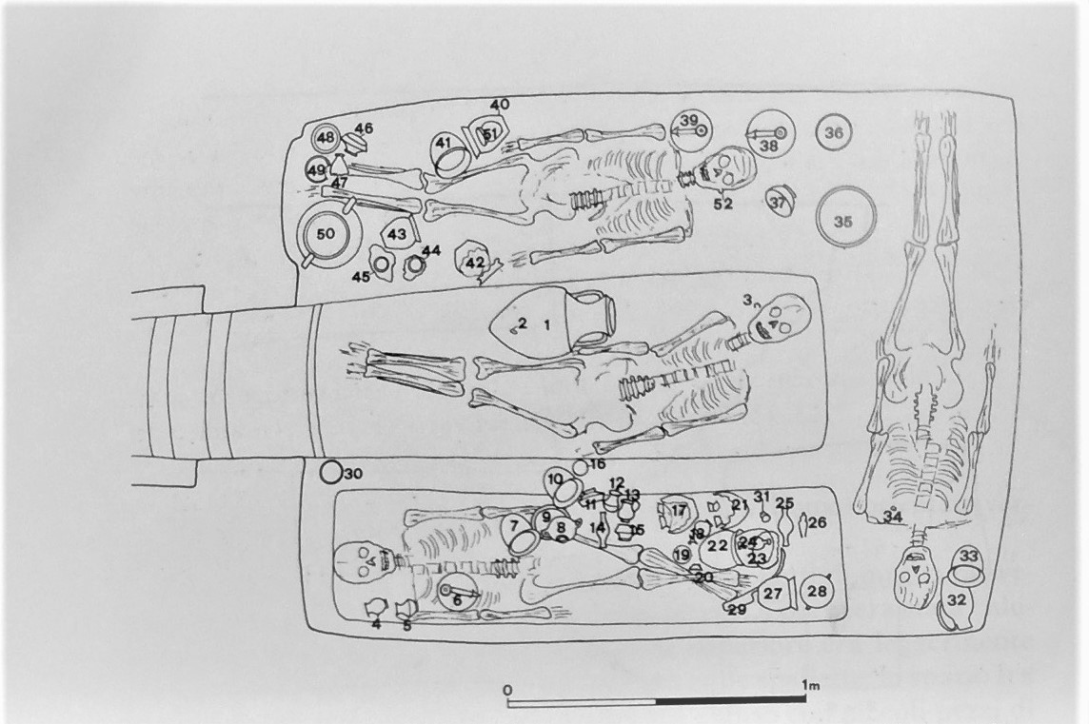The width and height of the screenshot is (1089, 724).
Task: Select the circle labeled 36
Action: [833, 134]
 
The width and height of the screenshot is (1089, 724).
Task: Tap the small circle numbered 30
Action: [329, 471]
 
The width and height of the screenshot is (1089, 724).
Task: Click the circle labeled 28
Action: [817, 591]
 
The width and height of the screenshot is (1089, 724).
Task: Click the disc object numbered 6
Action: [457, 595]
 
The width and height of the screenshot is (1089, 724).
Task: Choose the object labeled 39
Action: [689, 127]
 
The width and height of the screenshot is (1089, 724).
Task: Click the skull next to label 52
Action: [728, 171]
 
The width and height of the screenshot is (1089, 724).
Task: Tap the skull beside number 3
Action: [782, 319]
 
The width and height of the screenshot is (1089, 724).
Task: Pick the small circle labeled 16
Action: [580, 468]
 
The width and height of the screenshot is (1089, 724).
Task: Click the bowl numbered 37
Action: [780, 201]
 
